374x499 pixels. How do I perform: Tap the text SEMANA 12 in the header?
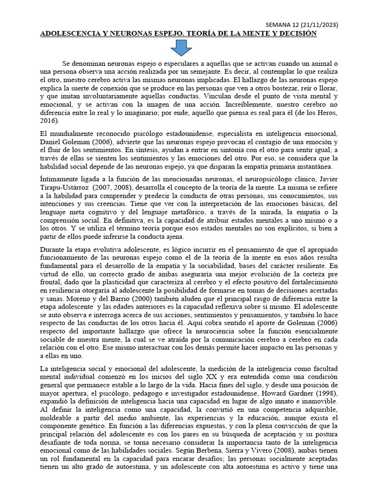286,24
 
